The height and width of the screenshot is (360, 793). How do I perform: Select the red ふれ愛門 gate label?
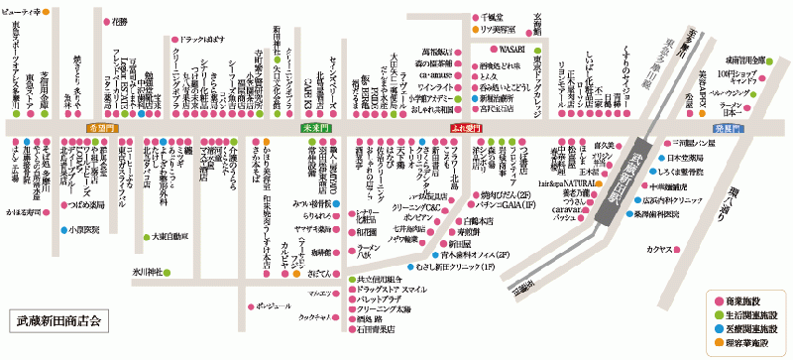(465, 129)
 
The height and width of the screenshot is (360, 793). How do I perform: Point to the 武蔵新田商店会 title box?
(59, 324)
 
